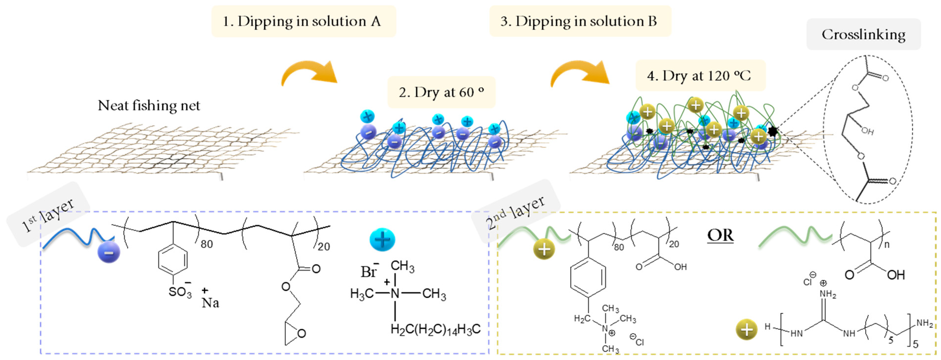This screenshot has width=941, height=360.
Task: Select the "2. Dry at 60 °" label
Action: [441, 92]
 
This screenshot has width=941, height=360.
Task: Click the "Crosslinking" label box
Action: [863, 34]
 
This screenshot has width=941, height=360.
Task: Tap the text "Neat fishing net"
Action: [149, 106]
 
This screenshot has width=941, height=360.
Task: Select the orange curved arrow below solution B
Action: [579, 73]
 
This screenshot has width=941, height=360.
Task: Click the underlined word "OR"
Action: [720, 235]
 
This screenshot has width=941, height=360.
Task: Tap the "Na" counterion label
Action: [210, 302]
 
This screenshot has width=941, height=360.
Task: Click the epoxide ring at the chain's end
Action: [294, 332]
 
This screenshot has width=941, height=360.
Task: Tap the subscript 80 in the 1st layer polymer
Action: [207, 244]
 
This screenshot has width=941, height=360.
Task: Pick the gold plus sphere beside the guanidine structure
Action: [746, 329]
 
